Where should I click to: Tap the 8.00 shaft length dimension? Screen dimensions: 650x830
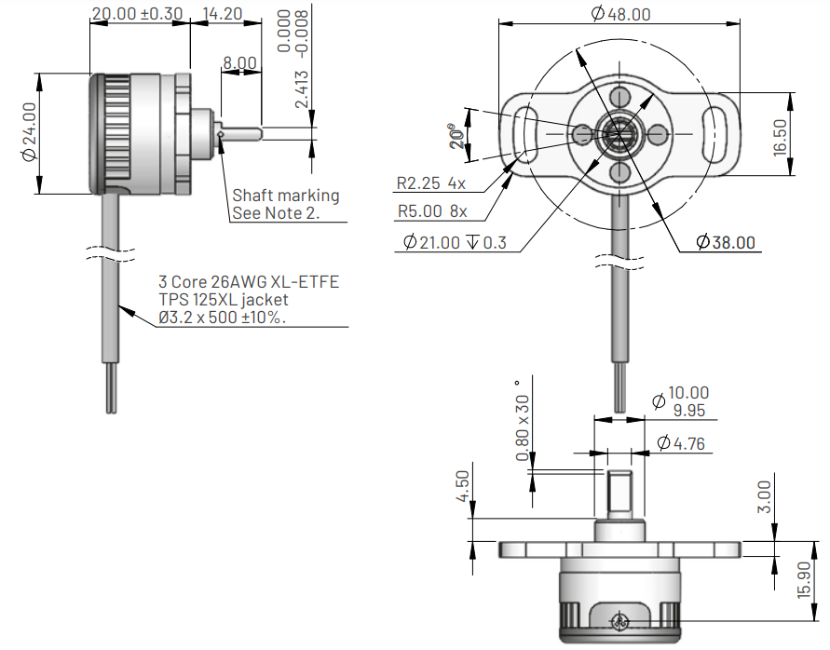pyautogui.click(x=239, y=63)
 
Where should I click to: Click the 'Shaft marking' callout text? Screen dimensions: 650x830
pyautogui.click(x=285, y=196)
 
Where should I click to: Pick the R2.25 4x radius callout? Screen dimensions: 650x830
pyautogui.click(x=430, y=183)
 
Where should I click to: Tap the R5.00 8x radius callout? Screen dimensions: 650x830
pyautogui.click(x=432, y=211)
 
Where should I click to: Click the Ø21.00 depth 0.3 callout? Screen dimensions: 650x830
pyautogui.click(x=456, y=243)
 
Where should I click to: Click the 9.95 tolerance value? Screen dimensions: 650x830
pyautogui.click(x=688, y=411)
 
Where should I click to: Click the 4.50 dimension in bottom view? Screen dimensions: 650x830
pyautogui.click(x=463, y=486)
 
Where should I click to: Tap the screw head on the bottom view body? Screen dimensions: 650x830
pyautogui.click(x=620, y=622)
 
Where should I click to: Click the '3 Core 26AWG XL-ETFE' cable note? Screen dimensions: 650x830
pyautogui.click(x=249, y=281)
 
